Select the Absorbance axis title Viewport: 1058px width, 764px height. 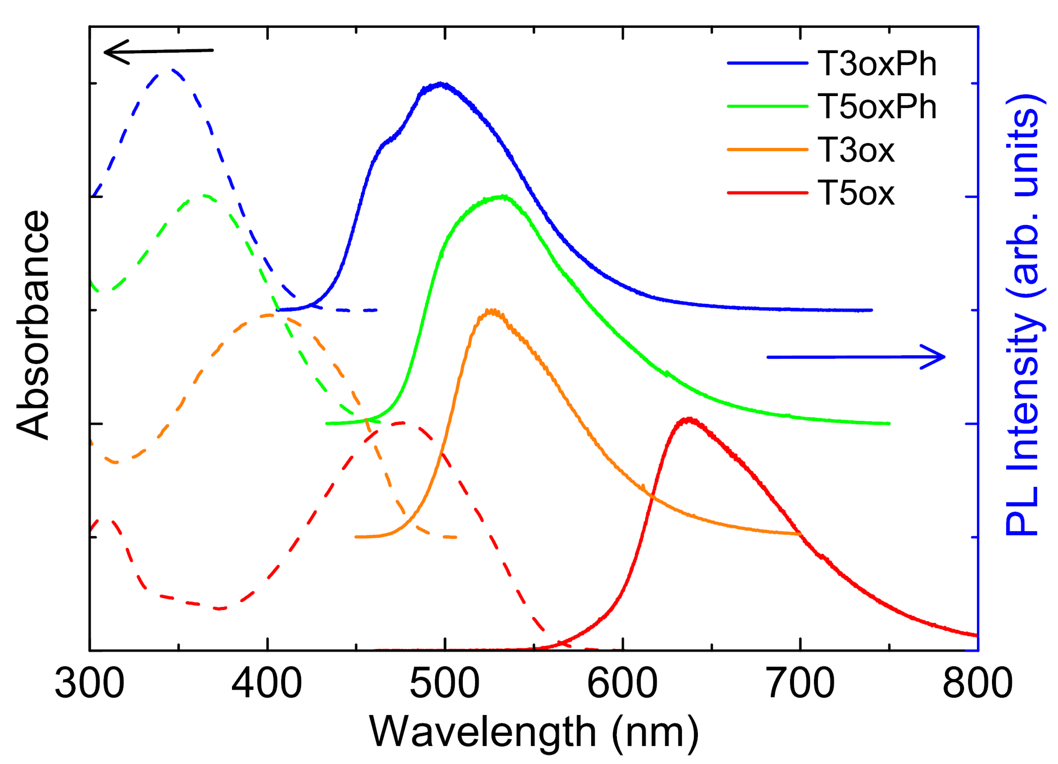pyautogui.click(x=32, y=325)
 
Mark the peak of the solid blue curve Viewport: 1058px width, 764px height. pyautogui.click(x=441, y=84)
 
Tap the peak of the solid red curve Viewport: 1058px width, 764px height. pyautogui.click(x=688, y=419)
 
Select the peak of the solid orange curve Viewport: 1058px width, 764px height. pyautogui.click(x=491, y=311)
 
